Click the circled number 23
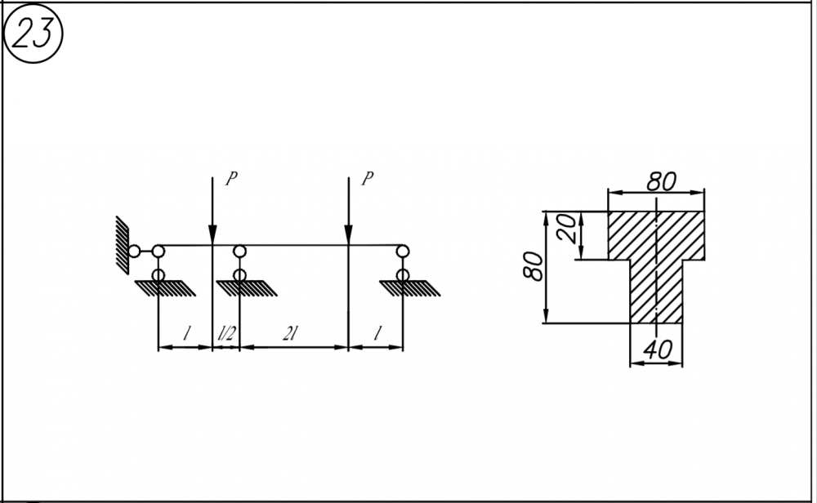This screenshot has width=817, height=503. [x=33, y=33]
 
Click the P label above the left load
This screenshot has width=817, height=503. [x=231, y=179]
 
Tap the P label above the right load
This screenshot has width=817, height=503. [x=368, y=179]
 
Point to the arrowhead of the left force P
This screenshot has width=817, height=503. [x=212, y=235]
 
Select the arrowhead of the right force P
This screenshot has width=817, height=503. [x=348, y=235]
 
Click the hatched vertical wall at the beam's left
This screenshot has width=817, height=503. [x=122, y=245]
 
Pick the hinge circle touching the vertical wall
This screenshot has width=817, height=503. [x=134, y=251]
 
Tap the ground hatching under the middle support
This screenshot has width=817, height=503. [x=247, y=288]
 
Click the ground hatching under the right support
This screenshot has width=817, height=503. [x=409, y=288]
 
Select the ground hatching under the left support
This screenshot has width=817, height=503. [x=165, y=288]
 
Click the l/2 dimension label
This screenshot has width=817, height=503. [x=226, y=333]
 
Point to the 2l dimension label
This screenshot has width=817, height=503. [x=290, y=333]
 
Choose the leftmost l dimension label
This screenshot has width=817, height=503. [x=186, y=333]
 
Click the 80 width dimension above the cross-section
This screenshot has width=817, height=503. [x=661, y=181]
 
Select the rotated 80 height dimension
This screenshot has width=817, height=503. [x=533, y=266]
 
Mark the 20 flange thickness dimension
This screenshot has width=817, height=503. [x=566, y=229]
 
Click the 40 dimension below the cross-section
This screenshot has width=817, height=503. [x=658, y=350]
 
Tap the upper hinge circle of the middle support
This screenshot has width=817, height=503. [x=239, y=251]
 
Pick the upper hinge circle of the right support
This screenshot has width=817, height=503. [x=402, y=251]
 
